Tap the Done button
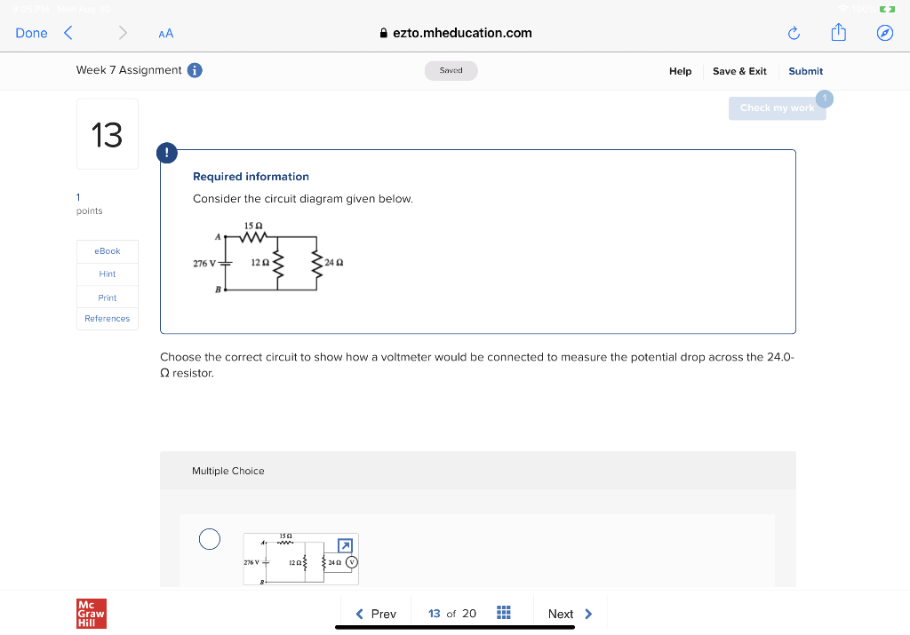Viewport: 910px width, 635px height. pos(31,33)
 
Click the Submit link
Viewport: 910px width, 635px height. pos(805,71)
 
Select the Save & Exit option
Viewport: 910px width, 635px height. pos(739,71)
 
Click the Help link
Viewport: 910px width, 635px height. pos(680,71)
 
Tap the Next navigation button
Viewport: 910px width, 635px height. pos(570,614)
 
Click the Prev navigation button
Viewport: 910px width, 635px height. pos(376,614)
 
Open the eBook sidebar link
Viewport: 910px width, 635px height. pos(108,251)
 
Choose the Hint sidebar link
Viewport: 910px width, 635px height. pos(108,274)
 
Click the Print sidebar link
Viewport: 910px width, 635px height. pos(108,298)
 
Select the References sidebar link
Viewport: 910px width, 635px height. pos(108,319)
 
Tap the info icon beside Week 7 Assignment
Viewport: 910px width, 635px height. pos(195,70)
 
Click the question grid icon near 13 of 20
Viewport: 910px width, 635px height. pos(503,614)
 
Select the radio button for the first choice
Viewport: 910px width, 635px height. pos(209,539)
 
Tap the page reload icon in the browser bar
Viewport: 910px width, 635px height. pos(794,34)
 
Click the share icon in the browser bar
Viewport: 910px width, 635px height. pos(838,33)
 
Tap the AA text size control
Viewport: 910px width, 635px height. pos(166,34)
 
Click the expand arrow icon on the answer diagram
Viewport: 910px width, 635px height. pos(346,544)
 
